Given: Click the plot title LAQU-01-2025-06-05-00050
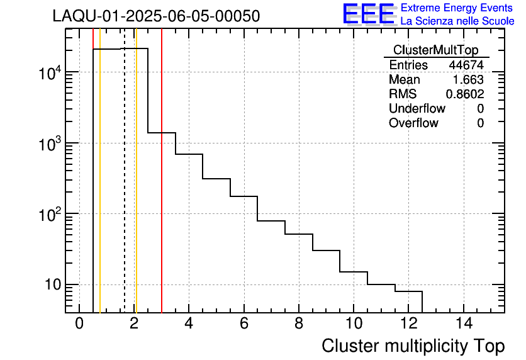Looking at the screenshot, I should click(x=156, y=16).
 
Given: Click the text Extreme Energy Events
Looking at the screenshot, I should click(x=457, y=8).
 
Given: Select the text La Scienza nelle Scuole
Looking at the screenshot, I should click(x=457, y=21).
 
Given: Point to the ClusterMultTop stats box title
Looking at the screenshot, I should click(x=435, y=50).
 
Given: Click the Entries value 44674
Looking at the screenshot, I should click(x=466, y=65).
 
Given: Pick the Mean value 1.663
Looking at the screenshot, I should click(x=468, y=80).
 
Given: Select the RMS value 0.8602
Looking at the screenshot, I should click(x=465, y=94).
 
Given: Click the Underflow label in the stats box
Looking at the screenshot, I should click(x=417, y=108).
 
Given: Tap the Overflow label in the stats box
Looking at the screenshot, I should click(x=413, y=123).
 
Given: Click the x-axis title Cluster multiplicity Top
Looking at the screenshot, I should click(x=413, y=346).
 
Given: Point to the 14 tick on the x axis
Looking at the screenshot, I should click(x=463, y=324).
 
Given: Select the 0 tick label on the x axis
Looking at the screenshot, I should click(x=79, y=324).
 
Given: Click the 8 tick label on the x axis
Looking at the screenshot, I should click(x=299, y=324).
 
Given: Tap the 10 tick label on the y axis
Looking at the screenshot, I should click(x=50, y=285).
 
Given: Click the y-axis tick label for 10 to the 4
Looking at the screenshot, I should click(x=48, y=73).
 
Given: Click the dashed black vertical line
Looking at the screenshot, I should click(x=125, y=189).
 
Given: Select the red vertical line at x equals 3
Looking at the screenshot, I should click(x=162, y=189).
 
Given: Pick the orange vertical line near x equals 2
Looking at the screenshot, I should click(x=136, y=189).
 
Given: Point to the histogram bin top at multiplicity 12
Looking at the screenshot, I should click(x=408, y=291).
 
